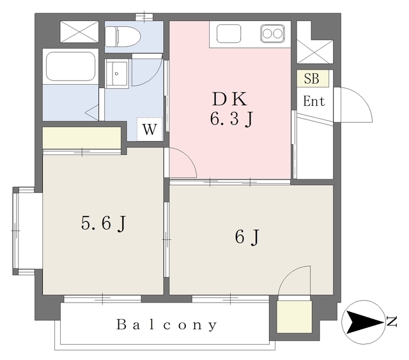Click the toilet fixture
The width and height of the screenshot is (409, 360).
click(123, 36)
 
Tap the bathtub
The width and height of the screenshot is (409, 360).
click(70, 66)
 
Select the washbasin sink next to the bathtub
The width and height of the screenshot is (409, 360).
click(116, 73)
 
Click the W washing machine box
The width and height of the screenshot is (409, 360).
click(150, 129)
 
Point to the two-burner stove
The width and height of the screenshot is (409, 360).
click(272, 34)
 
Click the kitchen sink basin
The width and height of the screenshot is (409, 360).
click(229, 33)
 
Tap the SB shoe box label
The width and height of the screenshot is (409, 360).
click(312, 79)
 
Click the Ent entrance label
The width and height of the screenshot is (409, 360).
click(314, 101)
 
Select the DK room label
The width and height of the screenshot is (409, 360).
click(229, 99)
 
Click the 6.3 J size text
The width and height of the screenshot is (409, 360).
click(231, 120)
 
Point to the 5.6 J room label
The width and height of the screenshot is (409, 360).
click(104, 223)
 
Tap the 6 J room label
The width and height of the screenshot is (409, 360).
click(247, 237)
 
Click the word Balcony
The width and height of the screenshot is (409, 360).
click(166, 325)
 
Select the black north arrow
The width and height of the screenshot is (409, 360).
click(364, 322)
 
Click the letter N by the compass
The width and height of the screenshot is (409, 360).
click(391, 322)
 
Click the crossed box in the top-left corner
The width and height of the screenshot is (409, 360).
click(79, 31)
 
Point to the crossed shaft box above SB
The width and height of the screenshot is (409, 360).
click(315, 52)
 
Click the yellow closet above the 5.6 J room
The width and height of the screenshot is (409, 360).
click(82, 137)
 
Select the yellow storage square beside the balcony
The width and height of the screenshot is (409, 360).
click(294, 317)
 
